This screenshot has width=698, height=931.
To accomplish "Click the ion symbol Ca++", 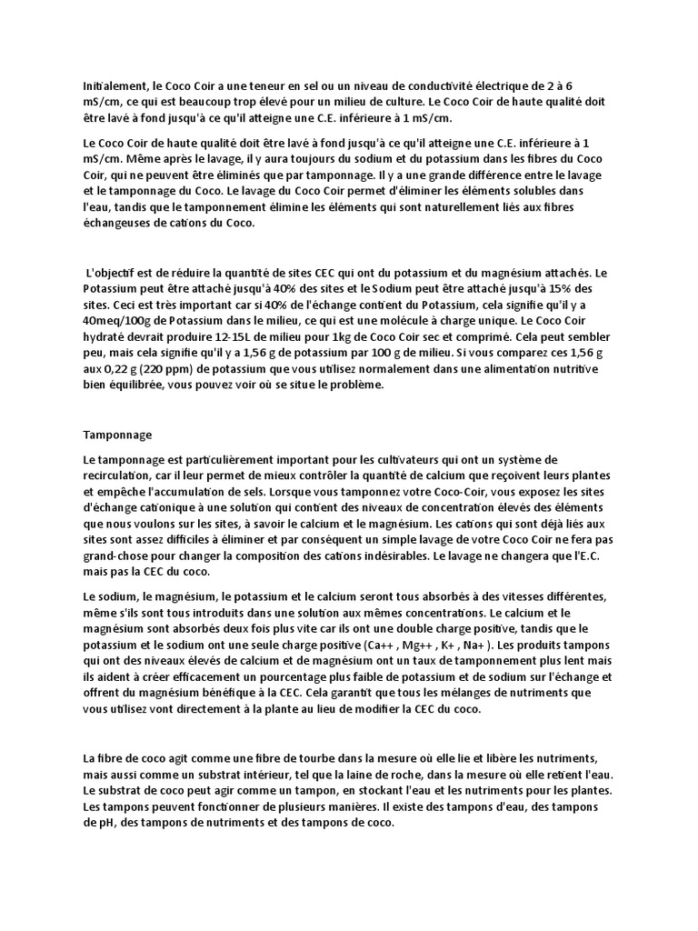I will pos(386,645).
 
